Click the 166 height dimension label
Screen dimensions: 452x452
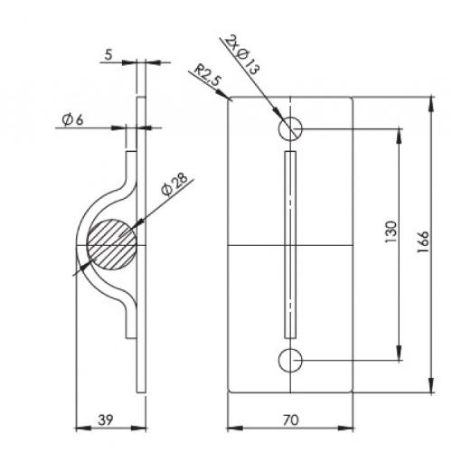tap(423, 241)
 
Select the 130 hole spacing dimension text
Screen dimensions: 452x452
tap(391, 232)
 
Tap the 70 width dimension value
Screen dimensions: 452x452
tap(290, 419)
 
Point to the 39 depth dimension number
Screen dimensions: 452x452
tap(106, 419)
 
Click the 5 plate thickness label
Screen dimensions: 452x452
tap(108, 55)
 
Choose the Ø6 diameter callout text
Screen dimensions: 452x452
tap(72, 120)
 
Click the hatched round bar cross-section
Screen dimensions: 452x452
tap(111, 244)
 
